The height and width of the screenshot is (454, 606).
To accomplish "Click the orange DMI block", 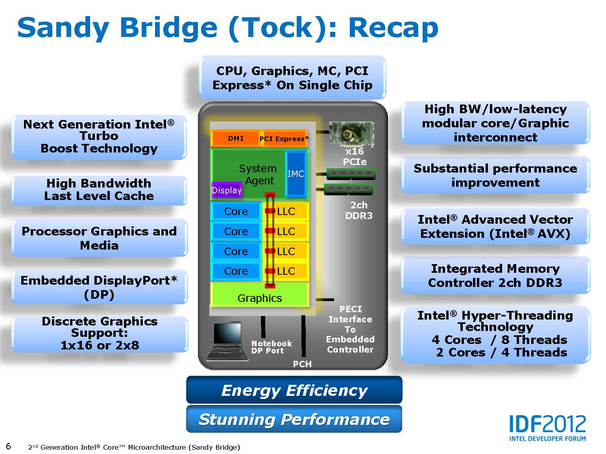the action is (235, 138).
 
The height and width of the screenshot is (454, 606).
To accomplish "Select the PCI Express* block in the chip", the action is (285, 138).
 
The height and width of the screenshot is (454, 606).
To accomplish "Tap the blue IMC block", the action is (296, 174).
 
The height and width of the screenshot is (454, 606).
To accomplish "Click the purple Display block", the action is (227, 190).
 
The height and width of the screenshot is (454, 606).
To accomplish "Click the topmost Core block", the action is (236, 211).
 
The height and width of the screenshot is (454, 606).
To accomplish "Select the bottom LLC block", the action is (286, 271).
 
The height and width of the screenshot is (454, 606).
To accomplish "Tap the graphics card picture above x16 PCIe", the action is (351, 134).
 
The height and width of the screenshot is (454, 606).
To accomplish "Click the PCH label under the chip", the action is (302, 364).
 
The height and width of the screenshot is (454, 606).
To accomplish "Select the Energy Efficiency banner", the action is (294, 390).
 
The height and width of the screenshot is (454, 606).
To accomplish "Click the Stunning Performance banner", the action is (294, 419).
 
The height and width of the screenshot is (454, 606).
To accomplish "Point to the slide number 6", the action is (9, 446).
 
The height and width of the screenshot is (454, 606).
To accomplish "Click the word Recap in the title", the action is (393, 28).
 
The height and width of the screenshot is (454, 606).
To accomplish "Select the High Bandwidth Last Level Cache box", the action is (99, 190).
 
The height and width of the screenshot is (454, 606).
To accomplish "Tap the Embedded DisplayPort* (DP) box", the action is (99, 287).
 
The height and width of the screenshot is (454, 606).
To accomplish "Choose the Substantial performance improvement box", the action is (495, 175).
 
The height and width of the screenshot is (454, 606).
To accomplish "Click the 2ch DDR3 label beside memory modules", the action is (358, 210).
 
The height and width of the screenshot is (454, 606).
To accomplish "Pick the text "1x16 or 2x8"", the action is (100, 345).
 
